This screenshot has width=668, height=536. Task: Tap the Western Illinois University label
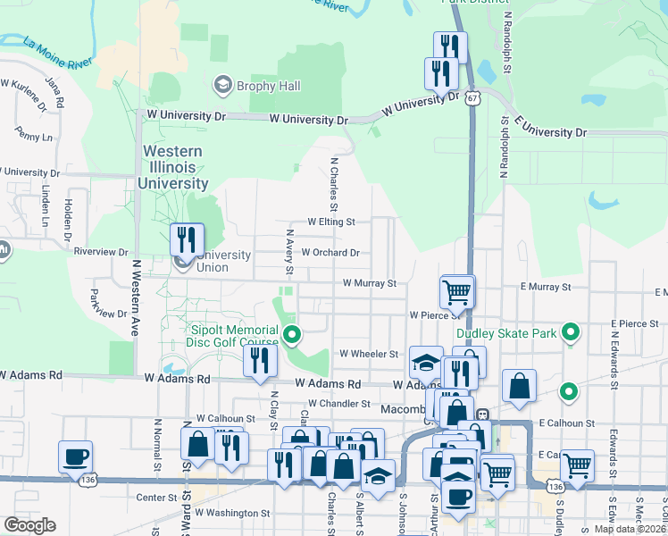point(172,168)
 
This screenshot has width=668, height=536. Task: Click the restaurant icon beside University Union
point(187,239)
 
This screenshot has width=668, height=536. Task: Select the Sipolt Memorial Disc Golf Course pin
point(291,336)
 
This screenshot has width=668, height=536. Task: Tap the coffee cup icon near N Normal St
point(75,456)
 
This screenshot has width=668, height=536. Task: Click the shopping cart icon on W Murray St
point(456,290)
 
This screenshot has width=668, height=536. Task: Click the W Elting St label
point(331,222)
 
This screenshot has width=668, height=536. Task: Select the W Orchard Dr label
point(330,253)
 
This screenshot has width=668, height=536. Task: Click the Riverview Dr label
point(103,252)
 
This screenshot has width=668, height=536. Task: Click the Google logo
point(29,525)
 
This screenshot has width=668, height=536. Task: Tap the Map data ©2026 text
point(630,529)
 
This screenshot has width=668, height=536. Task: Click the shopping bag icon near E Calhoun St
point(519,386)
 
